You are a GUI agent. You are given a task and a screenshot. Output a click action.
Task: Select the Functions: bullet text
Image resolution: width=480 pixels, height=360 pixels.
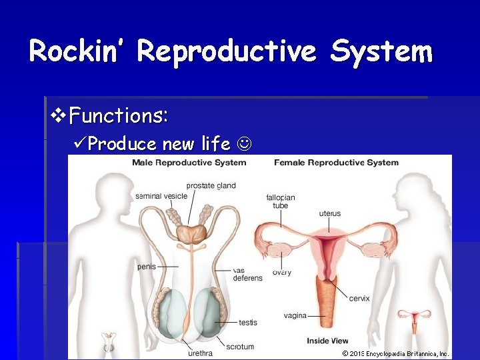[118, 116]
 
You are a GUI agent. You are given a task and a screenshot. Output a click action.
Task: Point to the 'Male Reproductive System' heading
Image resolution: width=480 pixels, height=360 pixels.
[189, 163]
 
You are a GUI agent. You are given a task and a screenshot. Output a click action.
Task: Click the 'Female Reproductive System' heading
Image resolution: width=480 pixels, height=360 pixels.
[336, 163]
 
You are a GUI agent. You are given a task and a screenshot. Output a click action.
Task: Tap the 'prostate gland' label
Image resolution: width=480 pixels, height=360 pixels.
[211, 185]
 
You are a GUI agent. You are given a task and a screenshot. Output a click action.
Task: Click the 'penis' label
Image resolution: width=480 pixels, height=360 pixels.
[147, 267]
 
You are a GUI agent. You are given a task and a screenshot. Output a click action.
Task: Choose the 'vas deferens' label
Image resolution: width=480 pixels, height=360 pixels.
[247, 274]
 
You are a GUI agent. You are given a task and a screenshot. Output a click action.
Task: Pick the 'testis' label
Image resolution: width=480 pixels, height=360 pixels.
[248, 323]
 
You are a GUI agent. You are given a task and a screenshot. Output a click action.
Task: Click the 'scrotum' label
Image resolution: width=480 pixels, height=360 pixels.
[240, 347]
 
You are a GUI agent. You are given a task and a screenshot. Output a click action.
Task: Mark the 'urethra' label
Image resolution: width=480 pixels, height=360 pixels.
[200, 353]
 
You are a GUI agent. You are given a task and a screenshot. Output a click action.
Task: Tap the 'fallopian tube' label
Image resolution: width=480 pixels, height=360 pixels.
[280, 201]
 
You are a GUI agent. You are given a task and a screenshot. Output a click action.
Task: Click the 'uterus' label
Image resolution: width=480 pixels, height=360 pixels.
[329, 214]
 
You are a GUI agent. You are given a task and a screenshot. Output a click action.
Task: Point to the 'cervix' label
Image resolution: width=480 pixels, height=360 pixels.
[359, 298]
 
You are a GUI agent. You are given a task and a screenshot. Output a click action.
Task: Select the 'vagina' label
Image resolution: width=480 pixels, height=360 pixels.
[295, 315]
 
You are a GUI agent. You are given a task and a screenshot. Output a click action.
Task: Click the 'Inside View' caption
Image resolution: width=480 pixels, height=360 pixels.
[327, 341]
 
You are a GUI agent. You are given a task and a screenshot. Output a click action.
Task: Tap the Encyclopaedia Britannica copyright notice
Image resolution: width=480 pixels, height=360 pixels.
[396, 354]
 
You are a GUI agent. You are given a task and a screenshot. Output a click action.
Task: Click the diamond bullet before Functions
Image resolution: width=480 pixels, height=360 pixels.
[58, 116]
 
